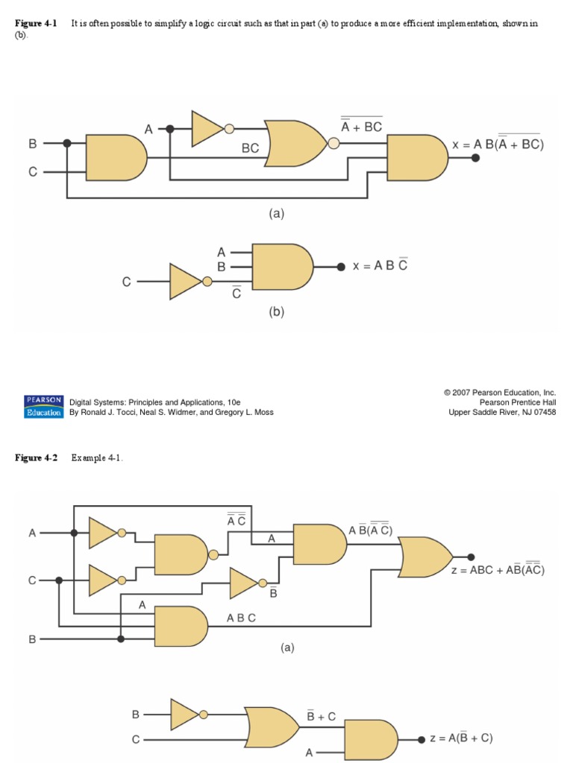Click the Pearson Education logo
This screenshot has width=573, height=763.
(x=44, y=407)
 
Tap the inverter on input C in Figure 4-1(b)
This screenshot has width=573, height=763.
(x=187, y=282)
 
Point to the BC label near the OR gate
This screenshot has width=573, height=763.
(x=250, y=148)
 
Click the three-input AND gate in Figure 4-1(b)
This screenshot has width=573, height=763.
(x=282, y=267)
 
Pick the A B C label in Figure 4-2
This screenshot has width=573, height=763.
(x=241, y=618)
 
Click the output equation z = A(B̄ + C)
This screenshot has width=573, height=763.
(x=460, y=738)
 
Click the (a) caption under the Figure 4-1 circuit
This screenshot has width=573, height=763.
(x=277, y=213)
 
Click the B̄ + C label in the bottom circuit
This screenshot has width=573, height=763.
(x=321, y=716)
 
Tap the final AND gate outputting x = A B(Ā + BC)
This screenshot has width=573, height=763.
(x=415, y=157)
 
